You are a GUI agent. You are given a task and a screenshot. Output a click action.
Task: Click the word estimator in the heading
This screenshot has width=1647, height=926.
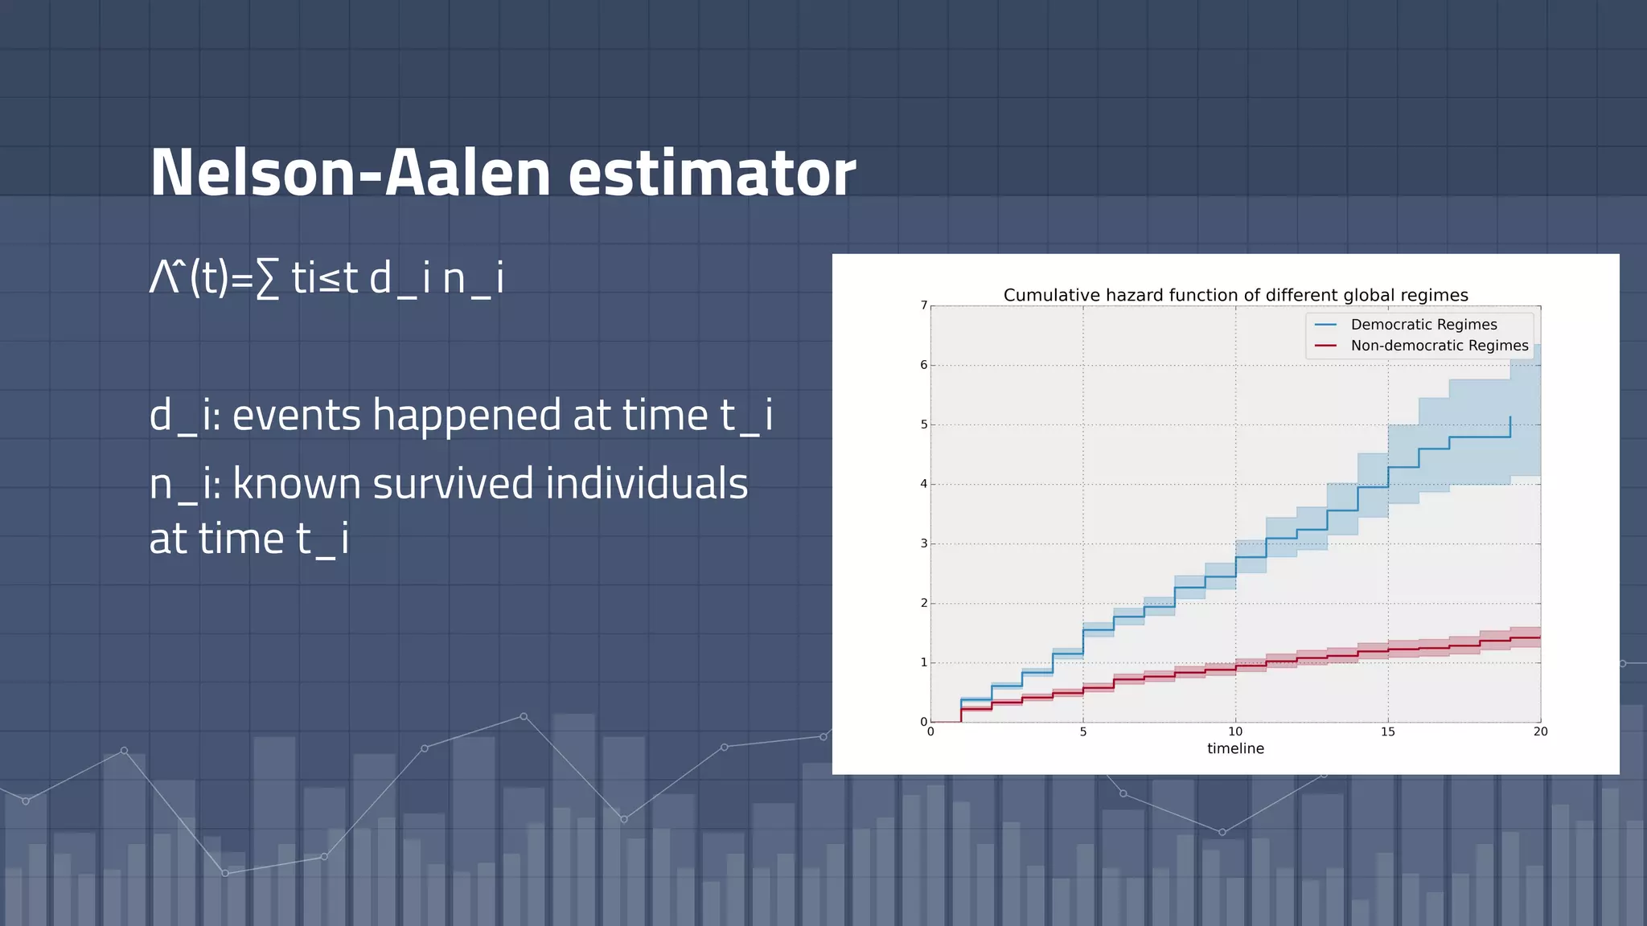[712, 173]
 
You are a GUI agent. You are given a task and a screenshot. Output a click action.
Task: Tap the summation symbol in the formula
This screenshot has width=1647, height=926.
[268, 280]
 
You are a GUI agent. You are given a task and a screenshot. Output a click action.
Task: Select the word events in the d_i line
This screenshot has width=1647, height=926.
[296, 416]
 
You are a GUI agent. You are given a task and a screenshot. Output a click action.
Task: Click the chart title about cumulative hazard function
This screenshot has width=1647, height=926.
[1235, 295]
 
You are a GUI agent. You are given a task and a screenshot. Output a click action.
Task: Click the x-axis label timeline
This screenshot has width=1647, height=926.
[1235, 748]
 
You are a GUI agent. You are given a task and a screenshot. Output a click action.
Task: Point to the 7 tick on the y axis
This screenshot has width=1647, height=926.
[924, 305]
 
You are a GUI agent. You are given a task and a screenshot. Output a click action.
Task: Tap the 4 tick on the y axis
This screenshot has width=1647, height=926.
[924, 484]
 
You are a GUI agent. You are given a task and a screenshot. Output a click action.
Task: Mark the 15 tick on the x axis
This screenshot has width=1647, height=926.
[1388, 731]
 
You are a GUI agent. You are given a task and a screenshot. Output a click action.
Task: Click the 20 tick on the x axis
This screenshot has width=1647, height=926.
[1540, 731]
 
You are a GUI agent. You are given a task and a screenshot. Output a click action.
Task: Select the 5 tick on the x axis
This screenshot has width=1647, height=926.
[1083, 731]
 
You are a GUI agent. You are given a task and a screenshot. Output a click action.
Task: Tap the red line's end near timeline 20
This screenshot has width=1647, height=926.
[1538, 637]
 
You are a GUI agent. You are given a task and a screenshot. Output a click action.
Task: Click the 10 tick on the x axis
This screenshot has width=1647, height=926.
[1235, 731]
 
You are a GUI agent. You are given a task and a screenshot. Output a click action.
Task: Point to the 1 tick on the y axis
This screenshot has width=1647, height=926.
[924, 662]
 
